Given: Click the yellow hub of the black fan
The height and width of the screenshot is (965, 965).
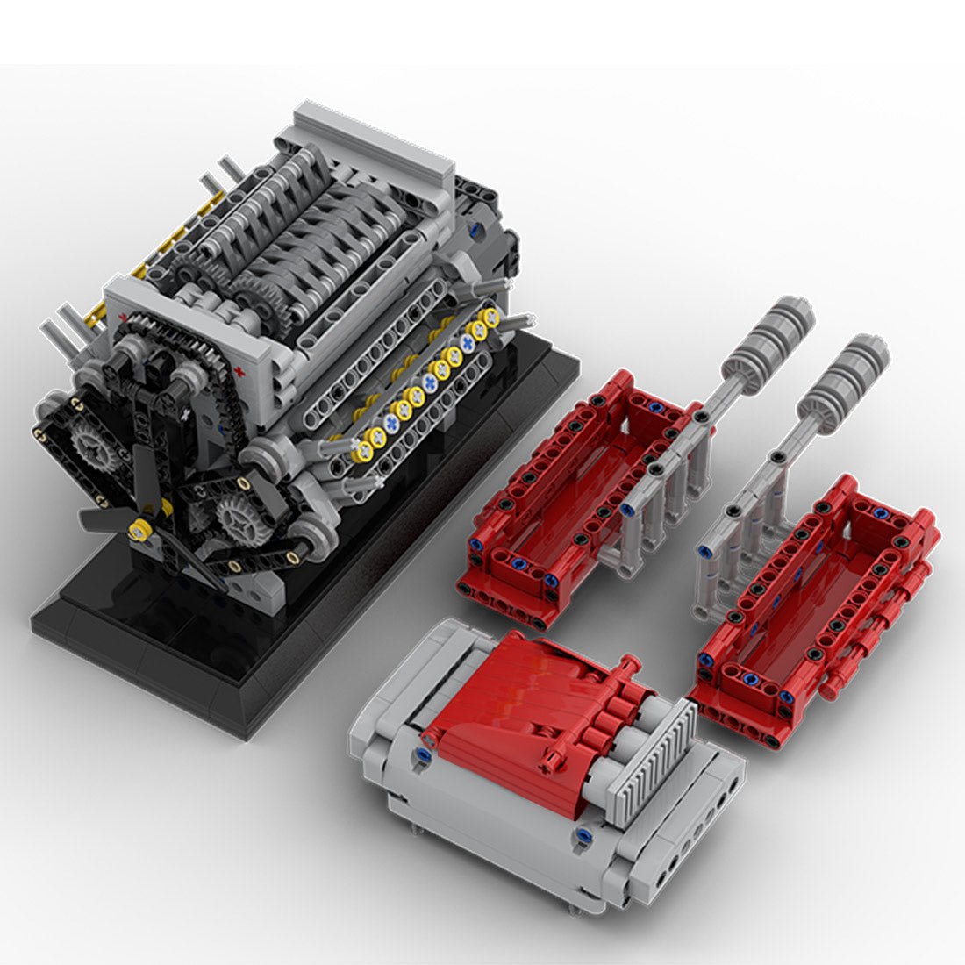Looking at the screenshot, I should point(137,529).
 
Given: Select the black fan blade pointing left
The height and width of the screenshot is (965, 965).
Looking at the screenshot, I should point(101,518).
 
